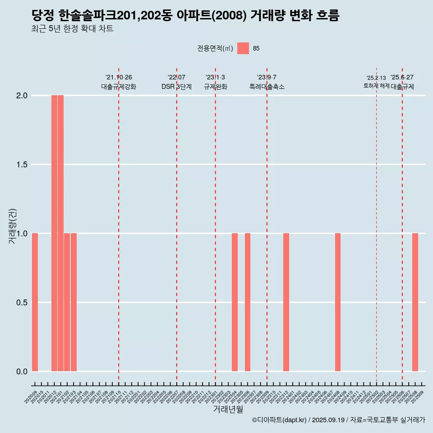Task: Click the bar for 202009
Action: (x=35, y=302)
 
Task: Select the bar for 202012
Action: (x=54, y=233)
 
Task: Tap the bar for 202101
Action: (x=60, y=233)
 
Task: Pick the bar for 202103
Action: (x=74, y=302)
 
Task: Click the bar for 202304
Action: (x=235, y=302)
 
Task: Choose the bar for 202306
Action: (x=248, y=302)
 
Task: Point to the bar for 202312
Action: (x=286, y=302)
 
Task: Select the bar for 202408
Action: (x=338, y=302)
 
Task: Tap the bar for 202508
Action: (x=415, y=302)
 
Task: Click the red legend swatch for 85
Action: (x=243, y=48)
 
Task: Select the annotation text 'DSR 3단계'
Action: (x=177, y=87)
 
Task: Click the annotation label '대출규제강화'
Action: (x=119, y=87)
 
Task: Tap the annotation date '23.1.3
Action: (x=215, y=78)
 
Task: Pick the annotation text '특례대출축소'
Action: (x=267, y=87)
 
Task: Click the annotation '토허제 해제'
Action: (x=376, y=86)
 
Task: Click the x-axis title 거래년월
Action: (x=228, y=410)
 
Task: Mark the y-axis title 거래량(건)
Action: (x=13, y=226)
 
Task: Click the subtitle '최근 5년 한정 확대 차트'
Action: (x=72, y=29)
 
